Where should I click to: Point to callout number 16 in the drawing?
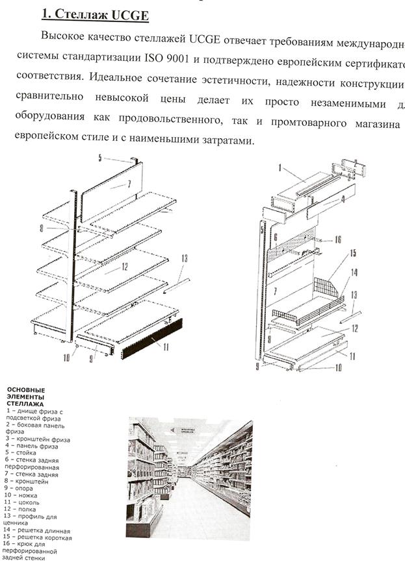[x=337, y=240]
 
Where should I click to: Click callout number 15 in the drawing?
[x=353, y=252]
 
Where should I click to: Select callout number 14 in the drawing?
[x=354, y=273]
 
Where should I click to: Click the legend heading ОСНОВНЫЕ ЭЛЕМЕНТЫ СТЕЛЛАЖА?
[x=26, y=397]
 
